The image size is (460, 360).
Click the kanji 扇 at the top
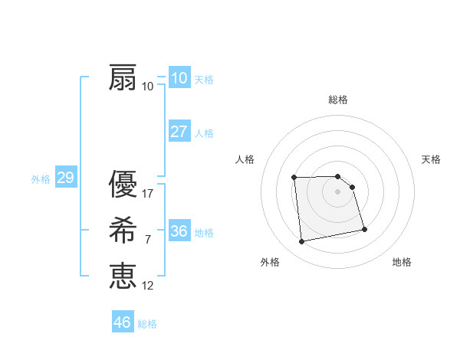(x=123, y=78)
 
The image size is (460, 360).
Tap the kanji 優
(x=123, y=185)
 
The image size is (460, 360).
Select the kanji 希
(x=123, y=231)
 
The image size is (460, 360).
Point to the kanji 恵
(x=123, y=275)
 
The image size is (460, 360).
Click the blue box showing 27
(x=179, y=131)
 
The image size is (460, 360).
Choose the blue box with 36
(x=179, y=231)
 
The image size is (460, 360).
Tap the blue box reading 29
(x=65, y=178)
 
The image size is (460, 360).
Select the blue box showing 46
(x=123, y=322)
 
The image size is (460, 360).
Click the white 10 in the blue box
(x=179, y=78)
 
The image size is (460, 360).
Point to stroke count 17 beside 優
(x=148, y=194)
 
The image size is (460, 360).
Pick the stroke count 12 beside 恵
(x=148, y=285)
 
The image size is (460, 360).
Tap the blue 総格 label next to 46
(x=147, y=324)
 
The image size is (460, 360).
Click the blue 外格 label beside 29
(x=41, y=180)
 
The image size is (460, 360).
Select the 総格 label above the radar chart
(x=338, y=100)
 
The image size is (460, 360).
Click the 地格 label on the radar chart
(x=402, y=263)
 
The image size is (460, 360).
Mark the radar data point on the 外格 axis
(x=302, y=242)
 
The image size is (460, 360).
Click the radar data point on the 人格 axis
(x=294, y=178)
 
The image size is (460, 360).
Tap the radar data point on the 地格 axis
(x=363, y=228)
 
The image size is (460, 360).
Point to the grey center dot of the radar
(x=338, y=191)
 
